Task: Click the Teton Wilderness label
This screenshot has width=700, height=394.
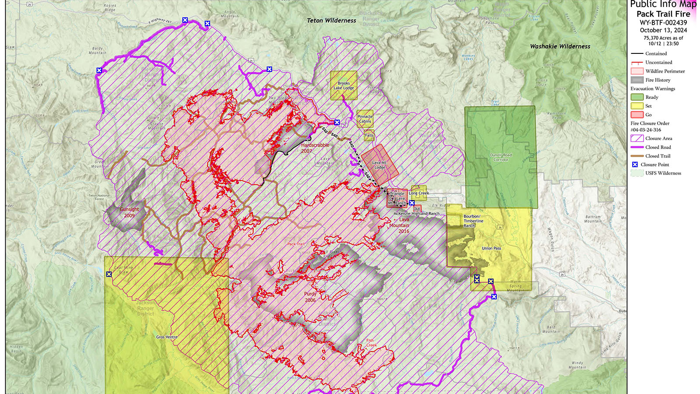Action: pos(331,21)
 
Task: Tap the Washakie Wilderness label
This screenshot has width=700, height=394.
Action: pos(560,46)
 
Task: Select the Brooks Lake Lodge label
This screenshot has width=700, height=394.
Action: pos(343,85)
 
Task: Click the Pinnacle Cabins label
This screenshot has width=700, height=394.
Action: pos(365,119)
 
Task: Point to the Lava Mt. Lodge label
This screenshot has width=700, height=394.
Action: pos(379,165)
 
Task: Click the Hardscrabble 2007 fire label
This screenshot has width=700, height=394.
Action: pos(315,148)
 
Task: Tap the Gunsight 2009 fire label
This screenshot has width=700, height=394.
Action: pos(129,212)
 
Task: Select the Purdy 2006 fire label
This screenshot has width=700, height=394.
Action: pos(310,297)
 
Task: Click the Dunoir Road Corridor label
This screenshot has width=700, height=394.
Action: pos(500,157)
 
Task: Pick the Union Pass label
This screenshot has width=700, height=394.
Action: pos(491,248)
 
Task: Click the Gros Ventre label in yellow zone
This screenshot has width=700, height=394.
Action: pos(167,337)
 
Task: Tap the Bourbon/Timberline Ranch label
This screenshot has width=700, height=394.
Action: pos(473,221)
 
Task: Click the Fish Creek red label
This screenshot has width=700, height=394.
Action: pos(371,342)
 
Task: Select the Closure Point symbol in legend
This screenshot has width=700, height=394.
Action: pos(635,165)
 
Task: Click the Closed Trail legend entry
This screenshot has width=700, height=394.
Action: pos(658,156)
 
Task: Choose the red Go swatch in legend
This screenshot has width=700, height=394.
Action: pos(637,115)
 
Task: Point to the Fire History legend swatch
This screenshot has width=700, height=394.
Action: pos(637,80)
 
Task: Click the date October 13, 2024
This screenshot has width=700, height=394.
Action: pos(663,30)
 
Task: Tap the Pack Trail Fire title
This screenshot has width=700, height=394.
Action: pos(663,14)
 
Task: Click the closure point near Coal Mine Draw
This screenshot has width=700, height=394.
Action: pos(109,274)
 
